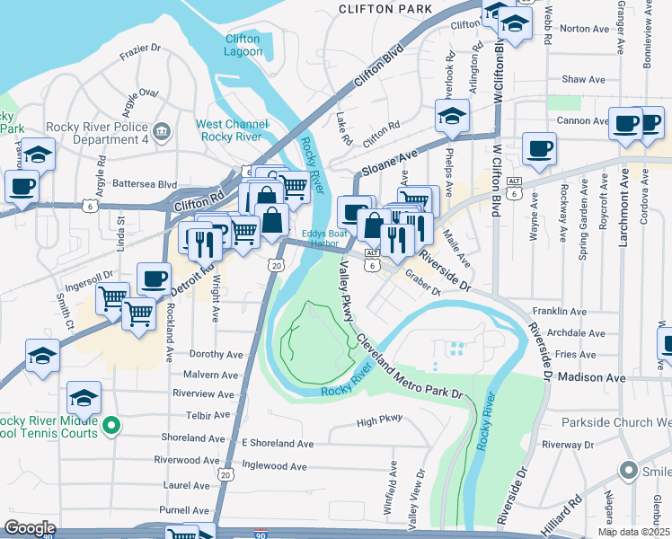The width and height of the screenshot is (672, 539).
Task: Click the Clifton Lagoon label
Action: tap(243, 45)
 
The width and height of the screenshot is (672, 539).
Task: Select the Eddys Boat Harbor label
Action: tap(319, 236)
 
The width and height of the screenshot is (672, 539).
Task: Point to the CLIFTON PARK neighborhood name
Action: tap(385, 8)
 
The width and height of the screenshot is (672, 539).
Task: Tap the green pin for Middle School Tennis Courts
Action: tap(111, 425)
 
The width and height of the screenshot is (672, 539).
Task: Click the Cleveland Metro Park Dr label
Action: tap(409, 367)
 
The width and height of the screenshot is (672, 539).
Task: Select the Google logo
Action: tap(30, 528)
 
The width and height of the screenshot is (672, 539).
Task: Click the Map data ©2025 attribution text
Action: tap(633, 532)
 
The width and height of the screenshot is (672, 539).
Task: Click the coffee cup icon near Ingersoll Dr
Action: tap(154, 278)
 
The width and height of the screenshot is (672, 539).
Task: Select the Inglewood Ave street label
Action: tap(274, 466)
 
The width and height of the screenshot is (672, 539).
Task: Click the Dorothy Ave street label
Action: tap(213, 355)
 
